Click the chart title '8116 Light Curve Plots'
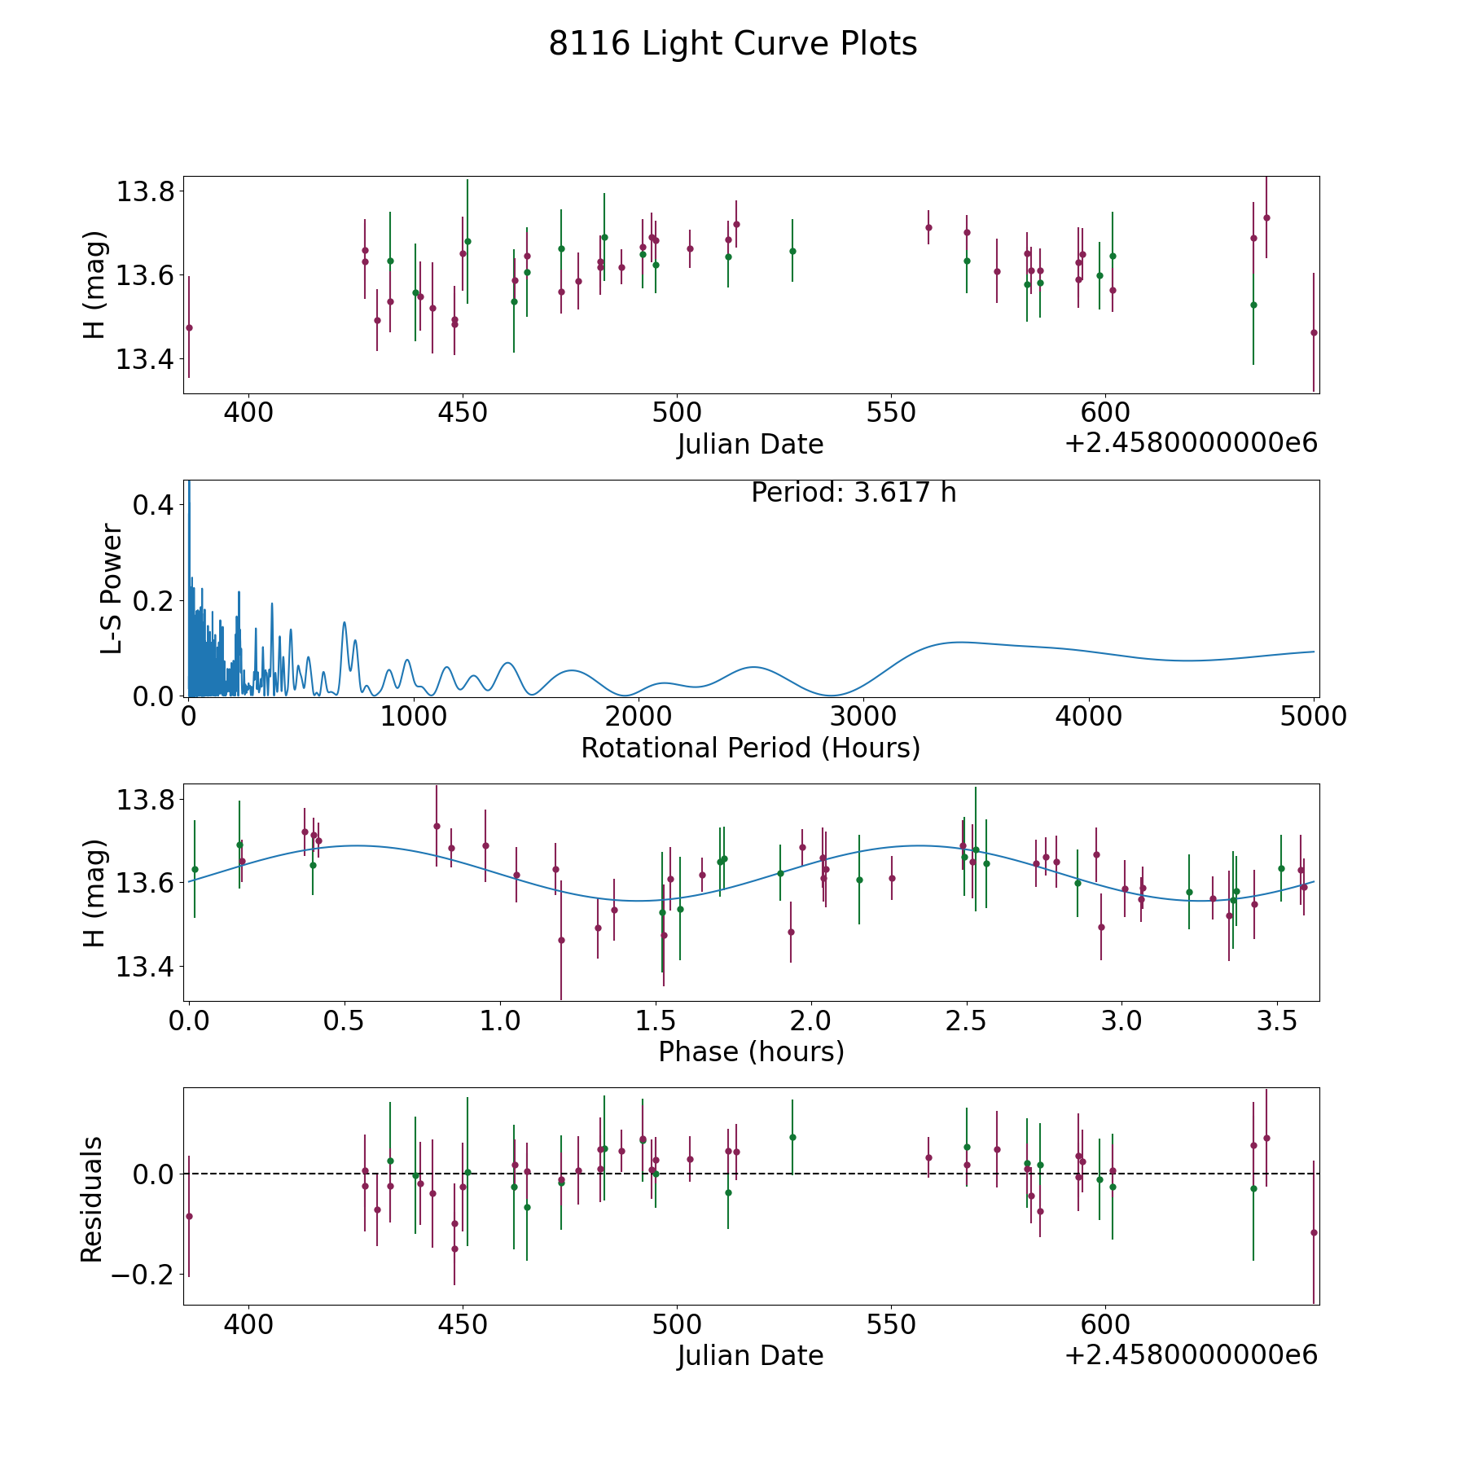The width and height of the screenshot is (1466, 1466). point(732,44)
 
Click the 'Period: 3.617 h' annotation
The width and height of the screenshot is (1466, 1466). point(853,493)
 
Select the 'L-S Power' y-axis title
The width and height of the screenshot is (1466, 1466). point(112,588)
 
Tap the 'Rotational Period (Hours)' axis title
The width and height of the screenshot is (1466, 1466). point(750,748)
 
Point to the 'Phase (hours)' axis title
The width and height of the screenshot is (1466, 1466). point(750,1051)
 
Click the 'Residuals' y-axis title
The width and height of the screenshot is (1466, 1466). point(92,1199)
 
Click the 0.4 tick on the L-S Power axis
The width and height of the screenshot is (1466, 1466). point(152,505)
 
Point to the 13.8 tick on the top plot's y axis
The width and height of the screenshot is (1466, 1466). point(145,192)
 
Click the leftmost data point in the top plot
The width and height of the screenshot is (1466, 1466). point(189,327)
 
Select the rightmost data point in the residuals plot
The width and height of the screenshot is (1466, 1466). point(1313,1232)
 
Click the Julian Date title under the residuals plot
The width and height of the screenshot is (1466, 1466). point(750,1355)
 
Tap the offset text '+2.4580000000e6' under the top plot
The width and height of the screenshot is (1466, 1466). point(1191,443)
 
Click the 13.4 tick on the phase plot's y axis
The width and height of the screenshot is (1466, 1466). point(145,967)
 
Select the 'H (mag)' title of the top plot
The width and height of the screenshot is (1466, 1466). point(95,284)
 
